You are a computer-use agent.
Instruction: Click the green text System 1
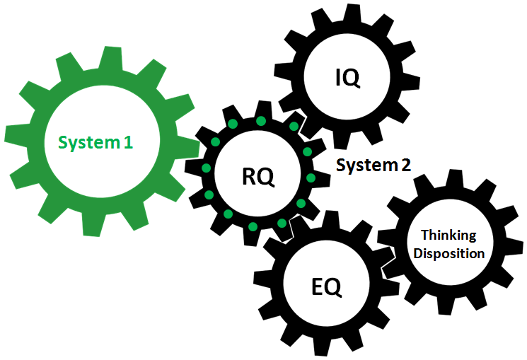pos(95,142)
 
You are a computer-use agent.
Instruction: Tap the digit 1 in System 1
pos(128,142)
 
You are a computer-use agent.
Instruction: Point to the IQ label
pos(347,78)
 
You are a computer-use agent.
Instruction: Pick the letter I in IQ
pos(338,77)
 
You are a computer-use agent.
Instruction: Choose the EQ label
pos(326,287)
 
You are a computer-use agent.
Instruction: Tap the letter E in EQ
pos(318,287)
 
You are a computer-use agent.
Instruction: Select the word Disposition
pos(449,252)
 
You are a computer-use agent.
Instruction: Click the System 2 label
pos(373,166)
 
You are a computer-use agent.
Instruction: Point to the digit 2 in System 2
pos(405,166)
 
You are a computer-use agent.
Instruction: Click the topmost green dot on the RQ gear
pos(260,121)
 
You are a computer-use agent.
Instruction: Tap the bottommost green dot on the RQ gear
pos(253,226)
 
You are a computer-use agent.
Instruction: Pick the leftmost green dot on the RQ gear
pos(206,168)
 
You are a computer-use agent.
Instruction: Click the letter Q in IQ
pos(352,78)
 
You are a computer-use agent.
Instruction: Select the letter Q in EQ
pos(333,288)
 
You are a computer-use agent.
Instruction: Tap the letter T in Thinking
pos(424,235)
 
